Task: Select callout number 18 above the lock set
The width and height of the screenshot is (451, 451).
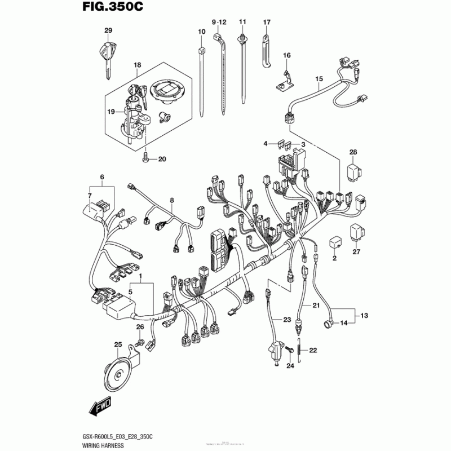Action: (x=136, y=65)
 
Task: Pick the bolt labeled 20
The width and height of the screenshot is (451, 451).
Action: (x=147, y=158)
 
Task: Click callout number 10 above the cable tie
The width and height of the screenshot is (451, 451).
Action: (x=201, y=32)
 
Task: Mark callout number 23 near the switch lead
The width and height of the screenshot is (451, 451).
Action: (x=287, y=320)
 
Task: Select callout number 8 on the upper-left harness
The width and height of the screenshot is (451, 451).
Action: (x=172, y=200)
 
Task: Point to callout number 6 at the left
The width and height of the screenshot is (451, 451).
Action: (x=102, y=178)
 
